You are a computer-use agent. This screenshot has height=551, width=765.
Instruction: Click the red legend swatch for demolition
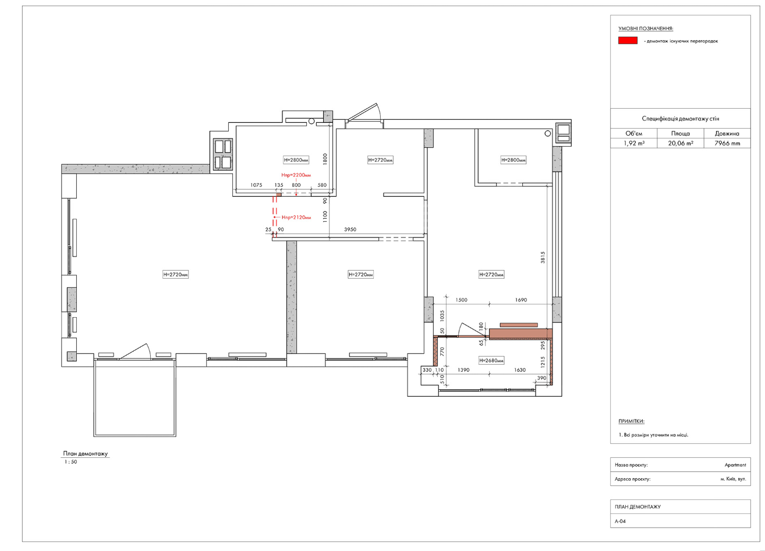[628, 41]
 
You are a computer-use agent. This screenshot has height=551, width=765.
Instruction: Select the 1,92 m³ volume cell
[634, 143]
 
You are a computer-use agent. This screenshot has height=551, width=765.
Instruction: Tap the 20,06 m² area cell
[681, 143]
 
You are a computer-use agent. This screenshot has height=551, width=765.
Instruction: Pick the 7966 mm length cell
[727, 143]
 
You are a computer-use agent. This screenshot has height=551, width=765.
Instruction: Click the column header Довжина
[727, 133]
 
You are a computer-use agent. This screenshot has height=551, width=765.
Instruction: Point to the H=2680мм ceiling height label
[491, 361]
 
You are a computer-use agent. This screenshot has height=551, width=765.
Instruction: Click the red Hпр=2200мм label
[296, 175]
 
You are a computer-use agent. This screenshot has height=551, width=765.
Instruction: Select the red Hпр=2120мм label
[296, 218]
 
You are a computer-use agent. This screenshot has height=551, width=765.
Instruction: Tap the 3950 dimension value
[350, 229]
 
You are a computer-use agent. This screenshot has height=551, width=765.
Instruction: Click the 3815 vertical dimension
[543, 257]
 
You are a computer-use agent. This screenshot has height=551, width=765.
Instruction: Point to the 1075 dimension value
[256, 185]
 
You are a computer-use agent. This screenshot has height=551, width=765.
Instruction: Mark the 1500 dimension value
[461, 300]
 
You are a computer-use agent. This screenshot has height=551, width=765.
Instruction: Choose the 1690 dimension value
[521, 300]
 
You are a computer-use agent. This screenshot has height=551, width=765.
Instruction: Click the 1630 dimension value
[520, 369]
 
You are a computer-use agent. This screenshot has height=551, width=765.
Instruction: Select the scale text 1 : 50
[70, 462]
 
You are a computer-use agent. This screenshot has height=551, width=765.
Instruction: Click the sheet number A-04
[620, 521]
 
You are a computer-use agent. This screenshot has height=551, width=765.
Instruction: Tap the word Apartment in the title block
[735, 465]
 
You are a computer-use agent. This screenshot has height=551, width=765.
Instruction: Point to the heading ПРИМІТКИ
[631, 421]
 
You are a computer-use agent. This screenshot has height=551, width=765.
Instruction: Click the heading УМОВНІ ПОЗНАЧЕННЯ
[646, 29]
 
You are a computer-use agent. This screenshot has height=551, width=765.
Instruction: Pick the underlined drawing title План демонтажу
[86, 454]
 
